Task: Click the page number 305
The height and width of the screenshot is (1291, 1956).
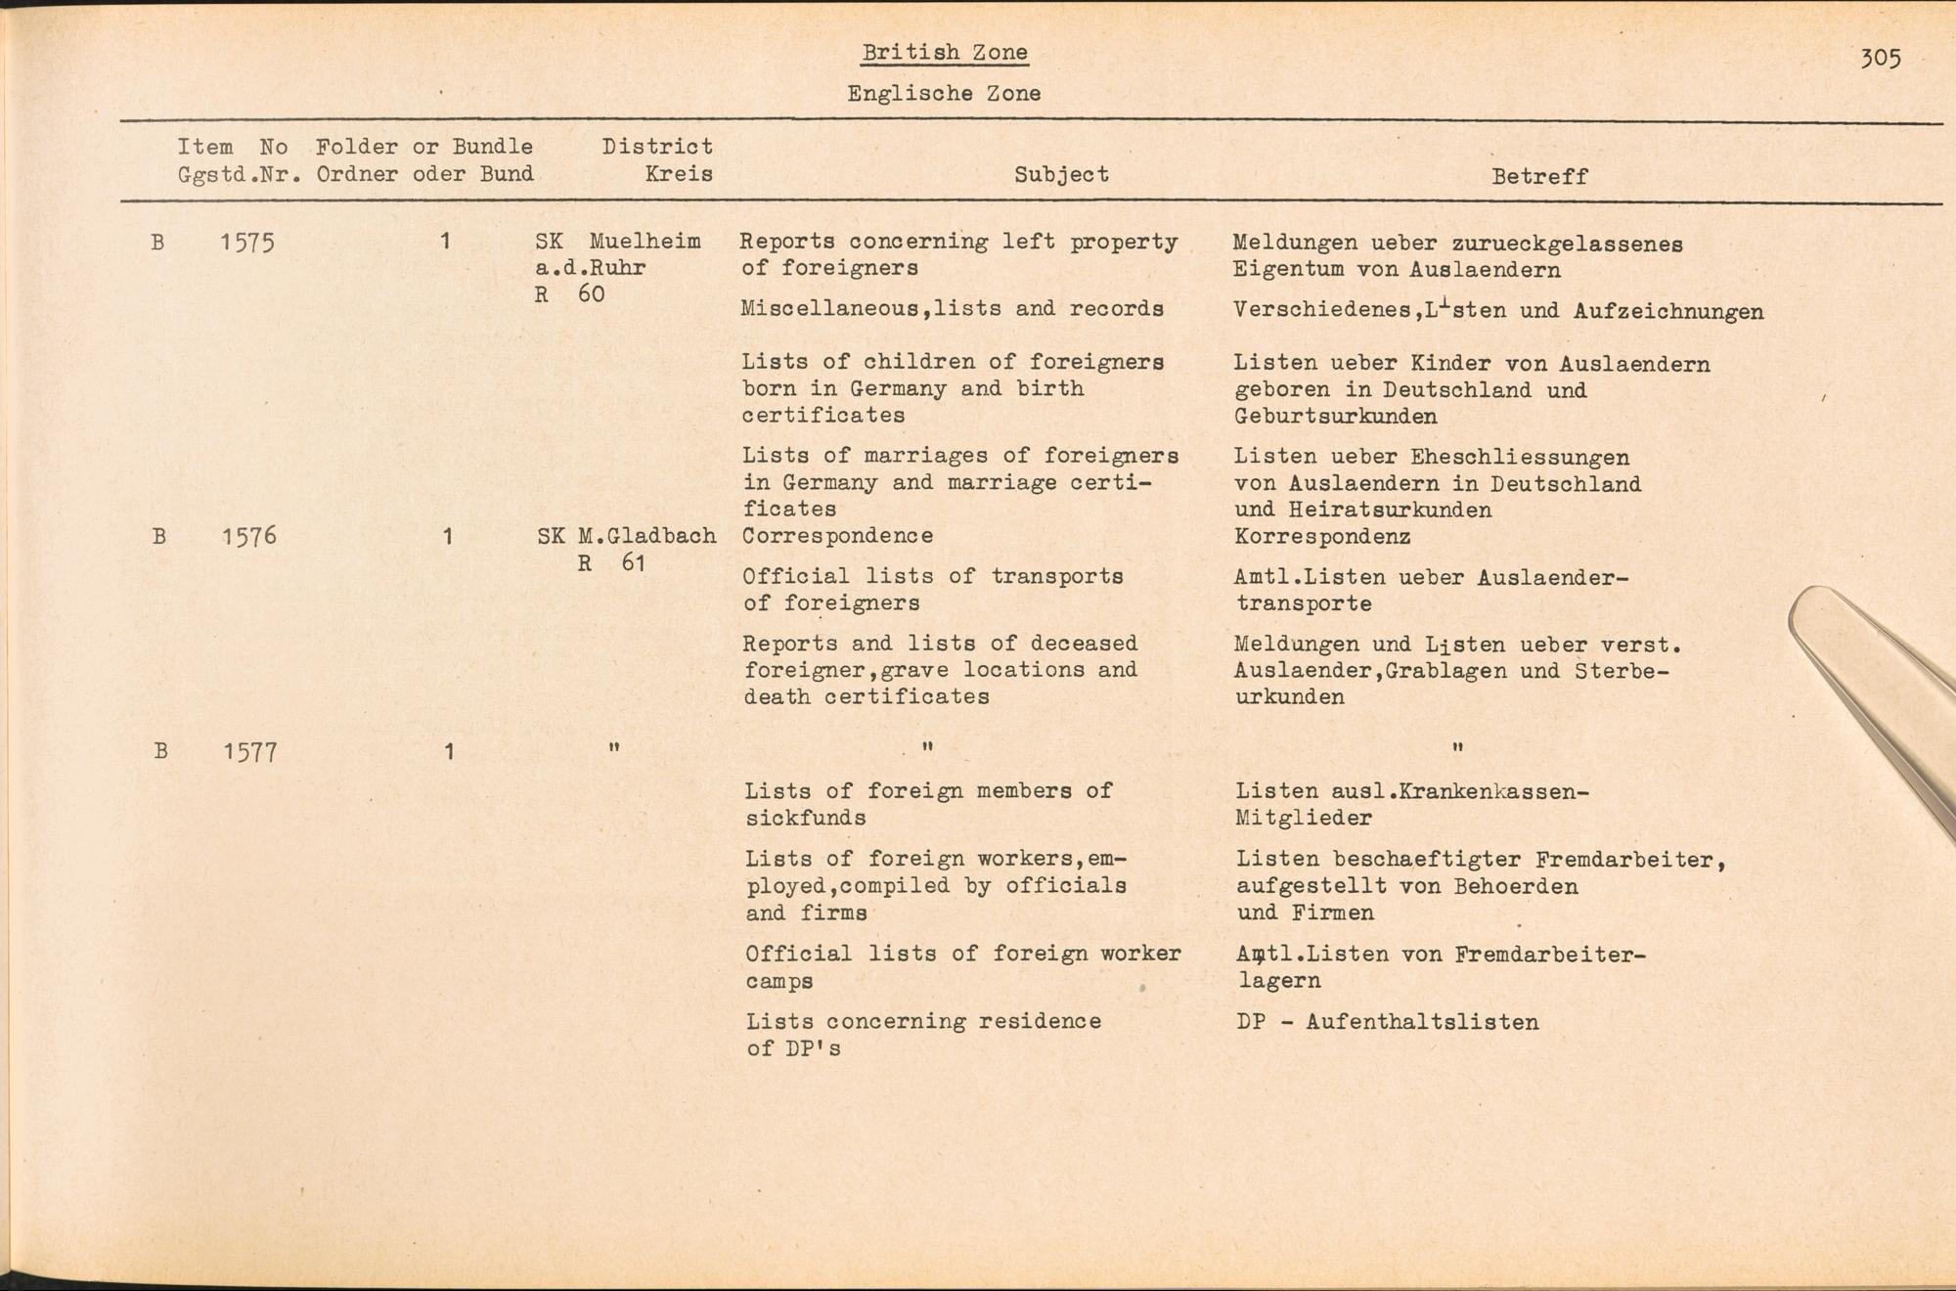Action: (x=1880, y=59)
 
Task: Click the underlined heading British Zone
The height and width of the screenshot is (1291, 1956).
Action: (x=944, y=53)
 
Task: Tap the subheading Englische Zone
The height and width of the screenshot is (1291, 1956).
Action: (x=944, y=94)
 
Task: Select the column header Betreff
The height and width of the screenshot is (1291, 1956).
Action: (x=1539, y=177)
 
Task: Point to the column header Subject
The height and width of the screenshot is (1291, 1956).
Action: (x=1061, y=175)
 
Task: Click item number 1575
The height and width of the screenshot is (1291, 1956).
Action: (x=247, y=242)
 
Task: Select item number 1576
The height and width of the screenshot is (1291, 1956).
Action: (x=249, y=536)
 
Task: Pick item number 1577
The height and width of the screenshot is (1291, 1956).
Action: (x=250, y=752)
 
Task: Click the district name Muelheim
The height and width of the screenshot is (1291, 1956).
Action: (x=645, y=242)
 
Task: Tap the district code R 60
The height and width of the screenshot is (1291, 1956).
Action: (x=570, y=294)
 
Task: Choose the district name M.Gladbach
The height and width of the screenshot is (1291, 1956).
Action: (x=646, y=536)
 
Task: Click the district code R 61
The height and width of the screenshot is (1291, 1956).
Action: (x=611, y=563)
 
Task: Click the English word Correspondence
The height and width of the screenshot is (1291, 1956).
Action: (x=838, y=536)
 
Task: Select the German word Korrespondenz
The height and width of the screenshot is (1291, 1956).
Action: (x=1322, y=537)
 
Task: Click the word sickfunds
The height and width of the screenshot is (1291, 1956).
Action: (x=805, y=818)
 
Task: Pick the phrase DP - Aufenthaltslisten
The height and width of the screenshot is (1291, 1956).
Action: (x=1387, y=1023)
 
